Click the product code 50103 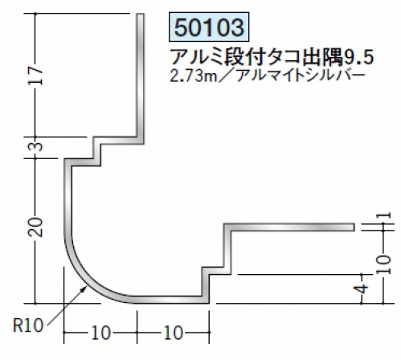209,27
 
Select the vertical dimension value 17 35,76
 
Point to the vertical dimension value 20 35,227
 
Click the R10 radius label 28,326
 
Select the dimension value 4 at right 362,289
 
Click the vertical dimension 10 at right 384,264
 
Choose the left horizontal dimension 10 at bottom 100,333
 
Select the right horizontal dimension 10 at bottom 174,333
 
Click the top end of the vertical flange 141,14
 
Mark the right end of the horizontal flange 354,227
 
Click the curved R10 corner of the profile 86,279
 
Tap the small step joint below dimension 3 97,151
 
